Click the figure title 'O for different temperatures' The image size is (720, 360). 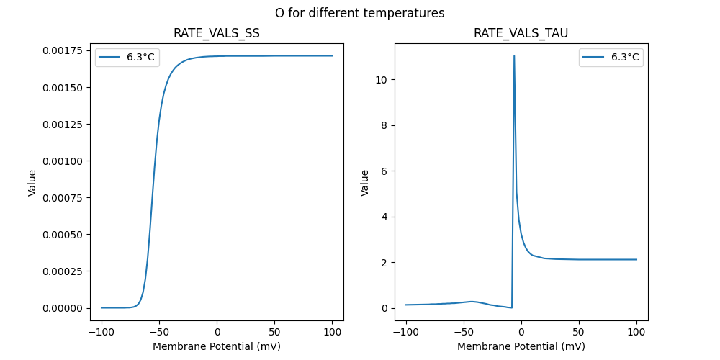[x=359, y=13]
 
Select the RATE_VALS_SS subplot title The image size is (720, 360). [x=217, y=33]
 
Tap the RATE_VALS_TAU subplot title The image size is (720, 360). [x=521, y=33]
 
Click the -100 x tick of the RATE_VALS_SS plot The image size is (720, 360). [x=102, y=333]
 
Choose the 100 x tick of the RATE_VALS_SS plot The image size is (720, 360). [x=333, y=333]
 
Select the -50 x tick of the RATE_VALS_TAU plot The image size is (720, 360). [x=463, y=333]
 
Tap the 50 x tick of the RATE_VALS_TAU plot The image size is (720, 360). [x=578, y=333]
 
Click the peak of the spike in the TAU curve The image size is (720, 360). [x=514, y=55]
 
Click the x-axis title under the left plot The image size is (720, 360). [x=217, y=346]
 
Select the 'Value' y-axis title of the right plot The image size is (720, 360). [x=365, y=183]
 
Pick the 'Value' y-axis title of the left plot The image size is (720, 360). [x=32, y=183]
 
